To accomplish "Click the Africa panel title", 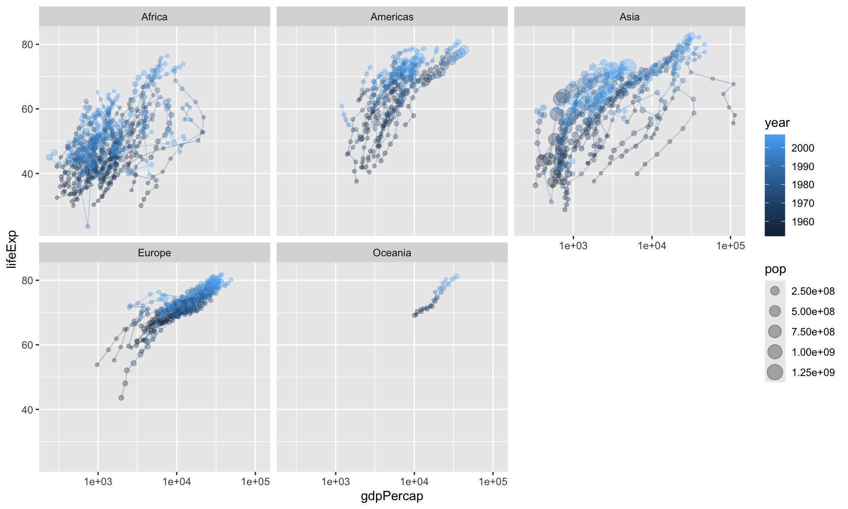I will (x=154, y=17).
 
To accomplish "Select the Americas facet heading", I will (x=392, y=17).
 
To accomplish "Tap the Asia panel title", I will (x=629, y=17).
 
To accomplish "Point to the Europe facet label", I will (x=154, y=253).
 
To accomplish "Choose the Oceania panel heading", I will (x=392, y=253).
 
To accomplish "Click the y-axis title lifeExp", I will (x=12, y=249).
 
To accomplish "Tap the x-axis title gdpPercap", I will (x=392, y=496).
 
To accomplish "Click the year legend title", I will (x=777, y=123).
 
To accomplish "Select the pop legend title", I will (x=775, y=270).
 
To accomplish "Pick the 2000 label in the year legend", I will (x=803, y=148).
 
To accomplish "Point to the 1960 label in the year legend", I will (x=803, y=222).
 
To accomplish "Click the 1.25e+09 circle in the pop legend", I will (x=775, y=372).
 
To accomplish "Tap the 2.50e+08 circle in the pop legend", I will (x=775, y=291).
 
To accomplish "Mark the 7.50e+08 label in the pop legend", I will (x=813, y=332).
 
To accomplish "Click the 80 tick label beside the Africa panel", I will (x=27, y=44).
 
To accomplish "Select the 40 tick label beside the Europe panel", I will (x=27, y=410).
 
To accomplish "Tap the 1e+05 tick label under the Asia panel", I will (x=730, y=246).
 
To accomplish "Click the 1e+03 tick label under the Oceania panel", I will (x=336, y=482).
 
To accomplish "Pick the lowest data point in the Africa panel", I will (x=87, y=226).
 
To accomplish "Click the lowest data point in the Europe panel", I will (x=121, y=398).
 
